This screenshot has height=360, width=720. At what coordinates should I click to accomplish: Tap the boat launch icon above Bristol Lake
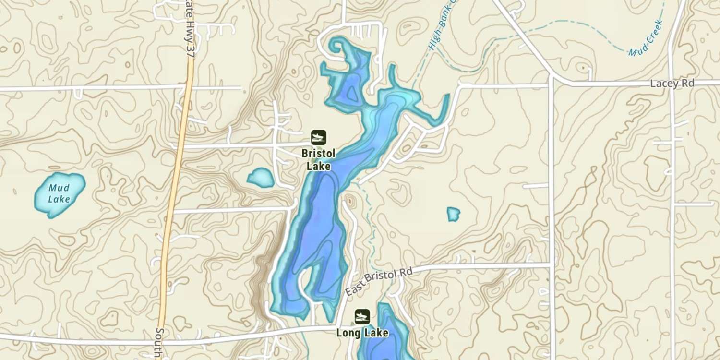pyautogui.click(x=318, y=137)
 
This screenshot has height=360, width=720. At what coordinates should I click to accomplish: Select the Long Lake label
pyautogui.click(x=362, y=333)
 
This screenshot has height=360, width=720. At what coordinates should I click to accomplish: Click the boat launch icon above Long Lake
pyautogui.click(x=362, y=317)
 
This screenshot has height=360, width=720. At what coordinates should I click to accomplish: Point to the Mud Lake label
pyautogui.click(x=60, y=193)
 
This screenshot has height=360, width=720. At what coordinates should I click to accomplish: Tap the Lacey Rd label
pyautogui.click(x=672, y=84)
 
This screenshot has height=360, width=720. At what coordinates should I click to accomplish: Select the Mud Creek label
pyautogui.click(x=646, y=38)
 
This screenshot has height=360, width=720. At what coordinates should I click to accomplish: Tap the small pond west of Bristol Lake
pyautogui.click(x=261, y=178)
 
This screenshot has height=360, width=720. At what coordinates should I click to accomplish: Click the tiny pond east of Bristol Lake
pyautogui.click(x=453, y=214)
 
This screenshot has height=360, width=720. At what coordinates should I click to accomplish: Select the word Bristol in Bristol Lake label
pyautogui.click(x=318, y=154)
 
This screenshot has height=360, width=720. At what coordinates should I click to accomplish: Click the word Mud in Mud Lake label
pyautogui.click(x=60, y=188)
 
